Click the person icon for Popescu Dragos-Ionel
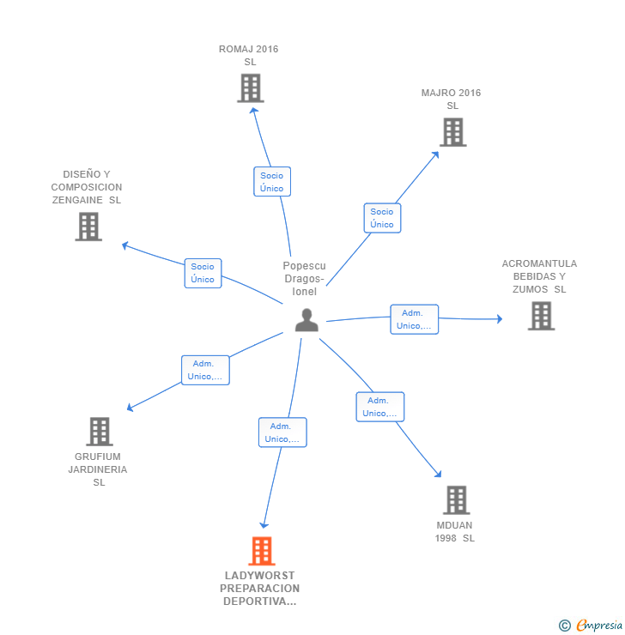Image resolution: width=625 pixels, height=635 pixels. tap(306, 320)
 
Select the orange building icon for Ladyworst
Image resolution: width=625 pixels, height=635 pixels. tap(262, 551)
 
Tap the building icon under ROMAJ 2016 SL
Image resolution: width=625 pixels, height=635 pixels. tap(251, 88)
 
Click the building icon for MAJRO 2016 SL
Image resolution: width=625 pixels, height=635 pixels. tap(453, 132)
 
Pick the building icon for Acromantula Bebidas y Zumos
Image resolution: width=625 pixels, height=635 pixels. tap(542, 316)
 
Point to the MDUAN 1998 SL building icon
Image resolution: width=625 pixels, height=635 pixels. tap(457, 499)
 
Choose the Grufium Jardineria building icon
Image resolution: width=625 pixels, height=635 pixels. tap(100, 432)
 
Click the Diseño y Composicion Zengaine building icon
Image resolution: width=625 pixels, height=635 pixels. tap(88, 227)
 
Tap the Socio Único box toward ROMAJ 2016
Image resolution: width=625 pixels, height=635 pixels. tap(272, 181)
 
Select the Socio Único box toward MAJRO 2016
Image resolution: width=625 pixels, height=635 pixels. tap(382, 218)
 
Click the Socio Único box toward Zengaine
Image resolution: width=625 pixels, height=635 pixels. tap(203, 273)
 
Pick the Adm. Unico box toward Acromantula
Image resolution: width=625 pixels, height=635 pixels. tap(415, 319)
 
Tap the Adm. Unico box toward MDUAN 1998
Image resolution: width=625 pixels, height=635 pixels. tap(380, 407)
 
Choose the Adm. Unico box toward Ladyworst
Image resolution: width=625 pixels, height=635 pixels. tap(282, 432)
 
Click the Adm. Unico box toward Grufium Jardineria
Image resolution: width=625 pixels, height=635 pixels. tap(205, 370)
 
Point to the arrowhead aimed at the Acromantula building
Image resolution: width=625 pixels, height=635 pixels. tap(500, 319)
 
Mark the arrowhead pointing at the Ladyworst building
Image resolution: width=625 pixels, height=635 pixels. tap(264, 525)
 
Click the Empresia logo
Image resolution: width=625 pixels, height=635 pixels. tap(591, 625)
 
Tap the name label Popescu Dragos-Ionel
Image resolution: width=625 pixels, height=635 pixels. tap(304, 279)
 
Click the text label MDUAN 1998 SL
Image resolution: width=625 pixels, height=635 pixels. tap(455, 532)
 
